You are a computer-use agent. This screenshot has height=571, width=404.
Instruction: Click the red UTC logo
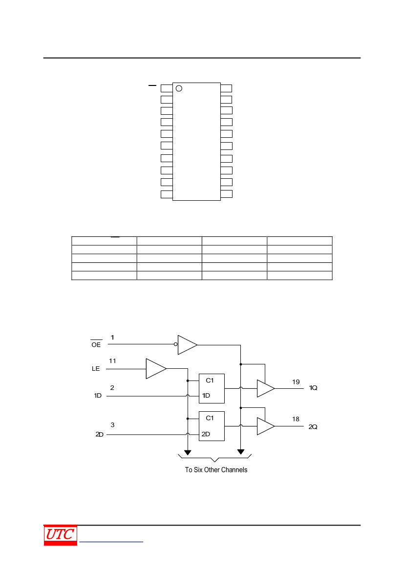tap(61, 535)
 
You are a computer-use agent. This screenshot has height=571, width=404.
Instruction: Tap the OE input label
tap(96, 344)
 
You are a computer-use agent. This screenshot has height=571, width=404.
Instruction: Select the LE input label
tap(96, 368)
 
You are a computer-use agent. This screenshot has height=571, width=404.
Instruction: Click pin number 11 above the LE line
tap(112, 361)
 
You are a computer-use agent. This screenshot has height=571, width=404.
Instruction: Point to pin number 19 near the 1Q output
tap(296, 382)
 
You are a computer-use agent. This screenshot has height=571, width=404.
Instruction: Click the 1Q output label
tap(313, 388)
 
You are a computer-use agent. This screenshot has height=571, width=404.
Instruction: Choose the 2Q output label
tap(313, 427)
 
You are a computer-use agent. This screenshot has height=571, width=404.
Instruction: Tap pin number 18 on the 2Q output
tap(296, 419)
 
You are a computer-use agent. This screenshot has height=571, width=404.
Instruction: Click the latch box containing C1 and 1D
tap(212, 388)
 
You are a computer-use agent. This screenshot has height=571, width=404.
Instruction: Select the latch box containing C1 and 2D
tap(212, 426)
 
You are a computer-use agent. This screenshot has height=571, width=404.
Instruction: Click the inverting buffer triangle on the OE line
tap(187, 345)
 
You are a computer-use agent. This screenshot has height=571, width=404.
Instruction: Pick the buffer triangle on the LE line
tap(156, 368)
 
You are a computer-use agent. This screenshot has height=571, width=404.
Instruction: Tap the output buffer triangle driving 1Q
tap(266, 388)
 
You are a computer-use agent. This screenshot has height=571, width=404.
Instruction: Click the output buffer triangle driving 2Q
tap(266, 426)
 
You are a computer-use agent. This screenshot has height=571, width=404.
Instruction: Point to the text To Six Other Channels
tap(216, 470)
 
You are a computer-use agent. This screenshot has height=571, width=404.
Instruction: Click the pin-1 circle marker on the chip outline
tap(179, 88)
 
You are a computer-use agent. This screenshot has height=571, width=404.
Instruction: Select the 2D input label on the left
tap(100, 434)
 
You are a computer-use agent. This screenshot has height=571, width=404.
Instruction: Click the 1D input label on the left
tap(98, 396)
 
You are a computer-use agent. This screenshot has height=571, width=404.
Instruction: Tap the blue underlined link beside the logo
tap(111, 542)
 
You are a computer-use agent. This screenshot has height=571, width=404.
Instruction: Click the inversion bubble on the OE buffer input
tap(175, 344)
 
